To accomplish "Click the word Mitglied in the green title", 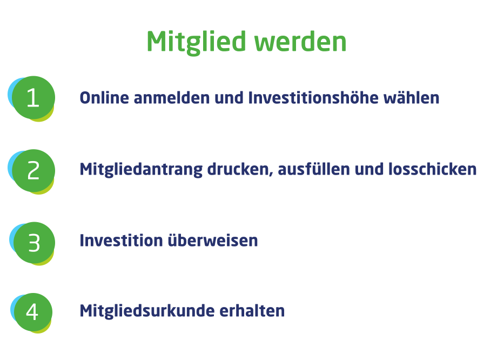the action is pos(197,42).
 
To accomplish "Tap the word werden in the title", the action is pos(300,42).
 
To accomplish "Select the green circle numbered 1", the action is pos(33,97).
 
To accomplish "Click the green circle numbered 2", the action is pos(33,170).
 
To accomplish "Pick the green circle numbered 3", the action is pos(34,243).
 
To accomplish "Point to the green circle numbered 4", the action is pos(33,312).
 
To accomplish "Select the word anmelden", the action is pos(172,98).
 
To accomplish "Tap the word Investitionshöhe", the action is pos(313,98).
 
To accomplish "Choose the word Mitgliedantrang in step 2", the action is pos(141,170).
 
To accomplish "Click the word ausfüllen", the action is pos(314,169).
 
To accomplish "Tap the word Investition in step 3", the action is pos(122,241).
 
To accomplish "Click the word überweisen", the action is pos(213,241).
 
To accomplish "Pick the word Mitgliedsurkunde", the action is pos(147,311).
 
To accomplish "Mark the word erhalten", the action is pos(252,311).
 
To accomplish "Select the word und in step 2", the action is pos(369,169).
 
